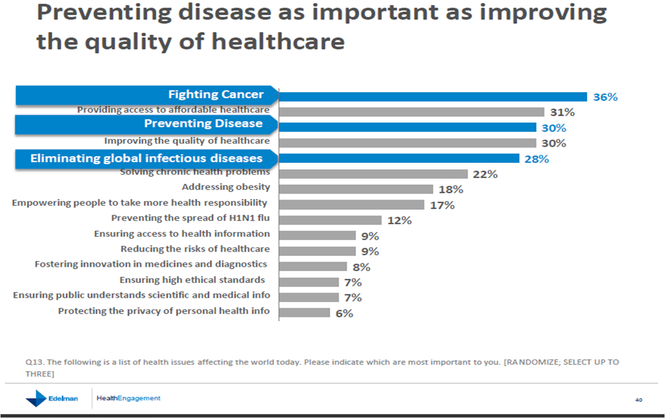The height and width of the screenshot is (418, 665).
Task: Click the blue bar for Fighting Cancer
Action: (x=433, y=97)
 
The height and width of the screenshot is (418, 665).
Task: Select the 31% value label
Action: (x=562, y=112)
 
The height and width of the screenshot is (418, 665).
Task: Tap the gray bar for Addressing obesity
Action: (x=356, y=189)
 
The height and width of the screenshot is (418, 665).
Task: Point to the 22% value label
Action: (x=485, y=174)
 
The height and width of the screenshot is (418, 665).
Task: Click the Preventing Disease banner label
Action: (x=203, y=124)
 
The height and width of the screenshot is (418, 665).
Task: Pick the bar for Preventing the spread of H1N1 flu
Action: (x=330, y=220)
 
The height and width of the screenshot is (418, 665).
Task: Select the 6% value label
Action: (x=344, y=313)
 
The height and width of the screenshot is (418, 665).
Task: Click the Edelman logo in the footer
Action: (x=52, y=399)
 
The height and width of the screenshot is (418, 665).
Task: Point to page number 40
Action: (x=639, y=400)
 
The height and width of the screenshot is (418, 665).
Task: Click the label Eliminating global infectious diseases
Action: (x=146, y=158)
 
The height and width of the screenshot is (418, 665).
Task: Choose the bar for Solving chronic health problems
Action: (x=373, y=174)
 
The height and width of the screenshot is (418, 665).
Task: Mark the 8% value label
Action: (x=361, y=267)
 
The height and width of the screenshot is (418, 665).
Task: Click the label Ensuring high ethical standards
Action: (x=192, y=280)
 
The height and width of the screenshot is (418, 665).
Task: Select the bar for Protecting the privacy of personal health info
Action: (x=304, y=313)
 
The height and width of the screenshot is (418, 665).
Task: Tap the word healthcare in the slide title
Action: (x=278, y=42)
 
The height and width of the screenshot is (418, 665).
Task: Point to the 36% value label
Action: (x=605, y=97)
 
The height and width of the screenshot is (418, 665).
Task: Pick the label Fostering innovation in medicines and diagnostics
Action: (x=151, y=264)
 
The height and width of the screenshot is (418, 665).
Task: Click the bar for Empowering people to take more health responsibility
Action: (x=351, y=205)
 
